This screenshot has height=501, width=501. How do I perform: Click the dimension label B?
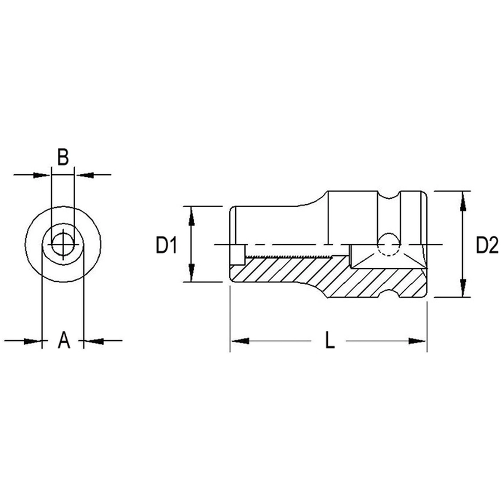coord(63,156)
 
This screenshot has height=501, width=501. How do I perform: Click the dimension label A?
coord(63,340)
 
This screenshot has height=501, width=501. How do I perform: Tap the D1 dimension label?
coord(166,245)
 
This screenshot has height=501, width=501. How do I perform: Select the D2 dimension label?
coord(487,245)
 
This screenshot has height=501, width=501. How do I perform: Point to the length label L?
coord(330,340)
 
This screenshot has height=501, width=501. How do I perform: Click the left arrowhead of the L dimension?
coord(240,341)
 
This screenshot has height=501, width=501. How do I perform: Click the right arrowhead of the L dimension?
coord(417,341)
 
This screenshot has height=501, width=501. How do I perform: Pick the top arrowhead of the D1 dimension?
coord(191,216)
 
